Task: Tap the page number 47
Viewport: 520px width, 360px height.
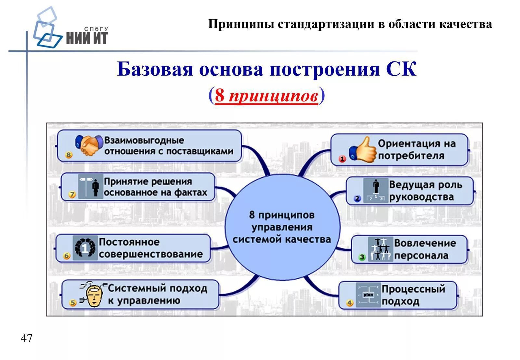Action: (x=26, y=338)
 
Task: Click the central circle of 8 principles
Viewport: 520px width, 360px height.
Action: (x=282, y=227)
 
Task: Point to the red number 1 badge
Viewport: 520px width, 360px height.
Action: (x=342, y=159)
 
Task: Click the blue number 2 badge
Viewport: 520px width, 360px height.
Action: (x=357, y=198)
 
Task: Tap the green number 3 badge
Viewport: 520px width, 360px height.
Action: (x=362, y=257)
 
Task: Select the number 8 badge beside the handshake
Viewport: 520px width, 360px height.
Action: (x=69, y=155)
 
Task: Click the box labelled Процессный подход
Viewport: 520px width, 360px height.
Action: (x=398, y=295)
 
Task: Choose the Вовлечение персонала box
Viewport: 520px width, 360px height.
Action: (x=409, y=249)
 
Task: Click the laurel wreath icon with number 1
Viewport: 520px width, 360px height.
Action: (x=85, y=248)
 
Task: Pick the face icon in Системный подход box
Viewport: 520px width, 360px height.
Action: (x=94, y=295)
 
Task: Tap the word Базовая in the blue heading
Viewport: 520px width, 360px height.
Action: (x=155, y=69)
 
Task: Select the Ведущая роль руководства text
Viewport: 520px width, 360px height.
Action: (x=425, y=191)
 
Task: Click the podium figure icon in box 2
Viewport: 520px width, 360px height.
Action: (x=376, y=191)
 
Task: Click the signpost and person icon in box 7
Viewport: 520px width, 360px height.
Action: (x=90, y=186)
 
